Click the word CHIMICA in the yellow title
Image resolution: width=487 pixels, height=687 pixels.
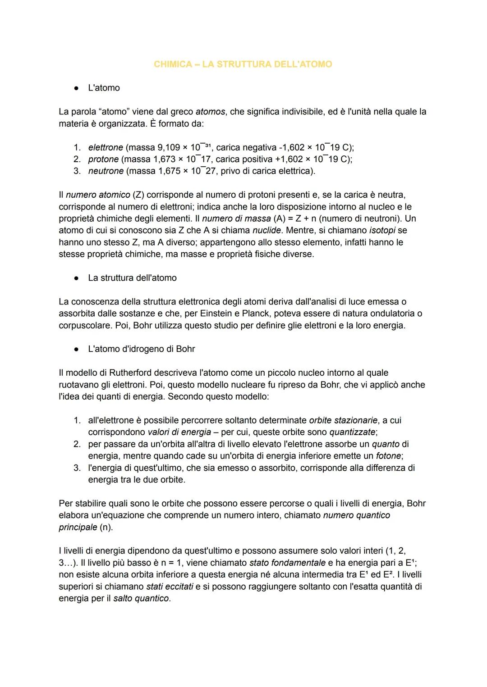point(173,64)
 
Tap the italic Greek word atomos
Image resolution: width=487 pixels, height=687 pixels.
point(210,112)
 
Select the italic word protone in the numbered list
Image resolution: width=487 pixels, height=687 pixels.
point(103,159)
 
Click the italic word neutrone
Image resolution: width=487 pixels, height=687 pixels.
point(106,171)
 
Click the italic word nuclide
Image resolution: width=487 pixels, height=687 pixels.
point(266,231)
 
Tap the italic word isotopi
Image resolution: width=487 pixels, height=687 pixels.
point(382,231)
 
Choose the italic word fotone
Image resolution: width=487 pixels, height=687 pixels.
point(389,456)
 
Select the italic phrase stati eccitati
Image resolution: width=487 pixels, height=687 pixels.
point(166,587)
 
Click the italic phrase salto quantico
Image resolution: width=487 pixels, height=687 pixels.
point(141,599)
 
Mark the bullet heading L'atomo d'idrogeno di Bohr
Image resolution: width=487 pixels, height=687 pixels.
point(141,349)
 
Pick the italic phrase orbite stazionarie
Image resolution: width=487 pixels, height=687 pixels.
point(343,420)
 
